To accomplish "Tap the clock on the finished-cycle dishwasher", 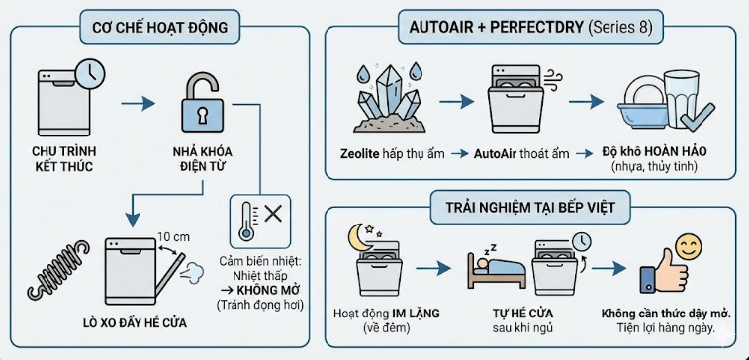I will [x=90, y=73].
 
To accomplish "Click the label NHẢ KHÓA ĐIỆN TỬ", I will [x=201, y=159].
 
